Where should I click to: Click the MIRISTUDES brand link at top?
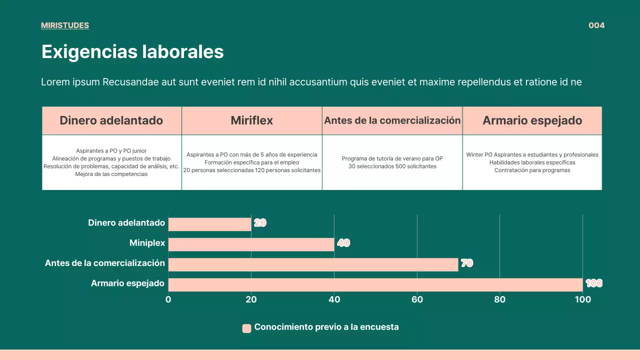point(65,25)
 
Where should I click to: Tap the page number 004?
point(596,25)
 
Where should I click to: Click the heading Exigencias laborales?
point(132,52)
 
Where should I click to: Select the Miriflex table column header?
point(251,120)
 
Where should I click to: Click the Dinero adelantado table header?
point(111,120)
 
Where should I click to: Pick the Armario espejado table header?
point(532,120)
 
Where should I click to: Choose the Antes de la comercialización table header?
point(392,120)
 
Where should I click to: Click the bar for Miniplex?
point(251,244)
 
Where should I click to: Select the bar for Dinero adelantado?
point(209,224)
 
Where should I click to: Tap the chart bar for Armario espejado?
point(375,284)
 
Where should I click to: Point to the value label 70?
point(466,263)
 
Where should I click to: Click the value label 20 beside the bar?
point(260,223)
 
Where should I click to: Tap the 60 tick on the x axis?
point(417,299)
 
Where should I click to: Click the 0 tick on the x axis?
point(168,299)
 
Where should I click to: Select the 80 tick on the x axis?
point(499,299)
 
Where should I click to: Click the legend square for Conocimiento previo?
point(246,328)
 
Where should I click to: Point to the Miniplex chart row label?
point(147,243)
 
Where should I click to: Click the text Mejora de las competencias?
point(111,174)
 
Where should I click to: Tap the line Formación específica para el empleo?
point(251,162)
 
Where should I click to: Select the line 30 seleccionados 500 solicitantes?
point(392,166)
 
